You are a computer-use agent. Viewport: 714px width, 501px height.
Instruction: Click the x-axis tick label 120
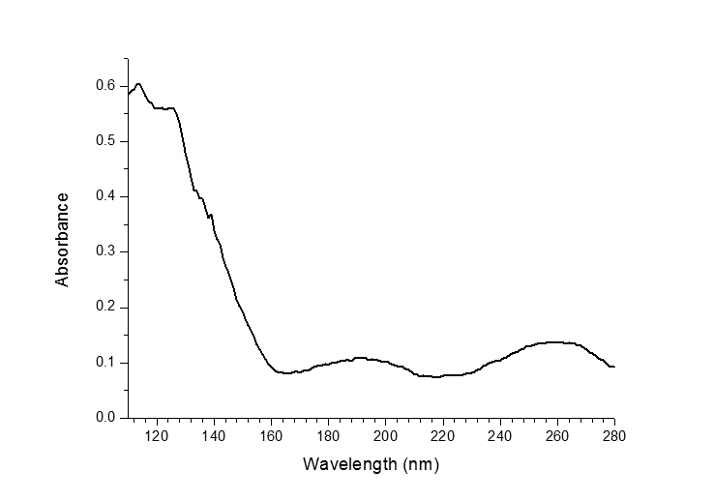157,435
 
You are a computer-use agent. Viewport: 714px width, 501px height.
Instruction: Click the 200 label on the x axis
385,435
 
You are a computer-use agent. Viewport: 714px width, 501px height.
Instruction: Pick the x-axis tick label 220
442,435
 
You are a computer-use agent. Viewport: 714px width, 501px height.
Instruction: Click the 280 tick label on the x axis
613,435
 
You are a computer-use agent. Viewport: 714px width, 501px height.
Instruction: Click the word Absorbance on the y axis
63,239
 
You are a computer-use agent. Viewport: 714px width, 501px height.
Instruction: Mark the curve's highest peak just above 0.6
138,84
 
